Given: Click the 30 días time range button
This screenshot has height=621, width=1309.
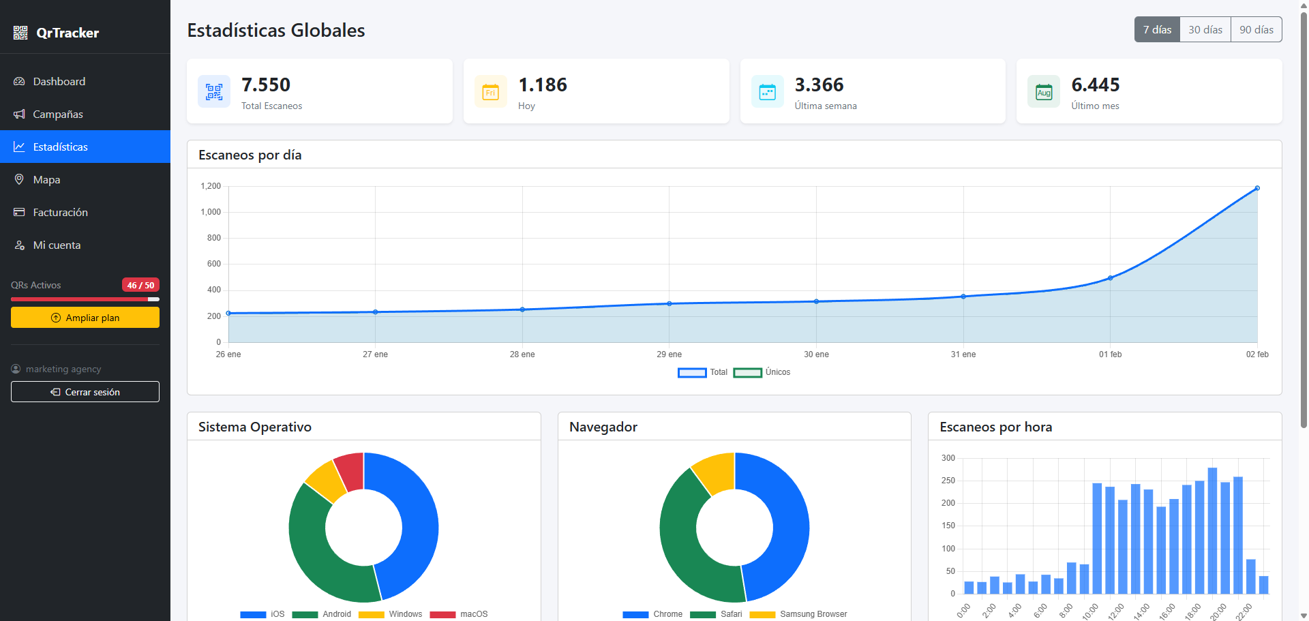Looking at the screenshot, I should tap(1205, 30).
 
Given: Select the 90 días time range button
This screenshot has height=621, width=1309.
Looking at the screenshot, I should tap(1256, 30).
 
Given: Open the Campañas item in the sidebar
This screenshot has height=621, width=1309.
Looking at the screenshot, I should tap(58, 115).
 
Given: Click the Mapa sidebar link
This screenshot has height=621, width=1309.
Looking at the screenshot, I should tap(46, 180).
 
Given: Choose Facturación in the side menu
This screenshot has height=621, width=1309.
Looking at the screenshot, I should tap(60, 213).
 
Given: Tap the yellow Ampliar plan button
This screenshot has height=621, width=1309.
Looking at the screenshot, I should tap(85, 318).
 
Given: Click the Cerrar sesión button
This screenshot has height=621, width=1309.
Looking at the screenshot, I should tap(85, 392).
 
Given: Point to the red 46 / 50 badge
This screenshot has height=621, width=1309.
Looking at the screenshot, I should tap(140, 285).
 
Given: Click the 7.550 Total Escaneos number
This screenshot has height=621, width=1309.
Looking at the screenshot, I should tap(266, 85).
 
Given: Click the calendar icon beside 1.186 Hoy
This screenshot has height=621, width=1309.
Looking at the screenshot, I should tap(491, 92).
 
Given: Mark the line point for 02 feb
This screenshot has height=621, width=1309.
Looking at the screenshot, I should tap(1257, 188).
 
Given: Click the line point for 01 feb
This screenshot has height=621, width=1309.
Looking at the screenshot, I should tap(1110, 278).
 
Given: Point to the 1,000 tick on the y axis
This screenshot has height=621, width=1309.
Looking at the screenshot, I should tap(211, 212).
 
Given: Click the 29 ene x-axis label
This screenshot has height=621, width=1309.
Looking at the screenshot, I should tap(669, 354).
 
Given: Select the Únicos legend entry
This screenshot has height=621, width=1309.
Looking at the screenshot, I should tap(762, 372).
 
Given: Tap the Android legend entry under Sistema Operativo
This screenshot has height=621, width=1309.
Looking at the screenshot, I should tap(322, 614).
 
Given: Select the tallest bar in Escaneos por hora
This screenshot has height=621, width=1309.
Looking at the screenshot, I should tap(1212, 530).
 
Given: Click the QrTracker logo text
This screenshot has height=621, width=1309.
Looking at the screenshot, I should tap(67, 33).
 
